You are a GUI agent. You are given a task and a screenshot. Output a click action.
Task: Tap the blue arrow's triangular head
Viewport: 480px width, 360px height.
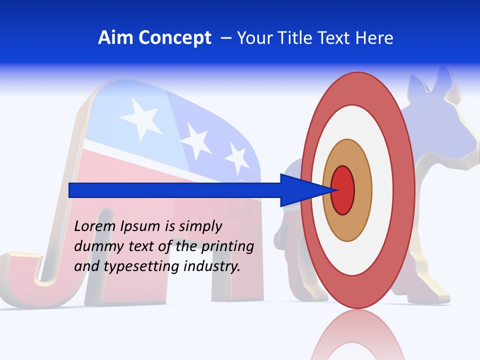click(x=300, y=190)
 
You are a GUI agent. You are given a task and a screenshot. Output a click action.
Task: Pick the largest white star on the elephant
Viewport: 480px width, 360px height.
click(x=141, y=117)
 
